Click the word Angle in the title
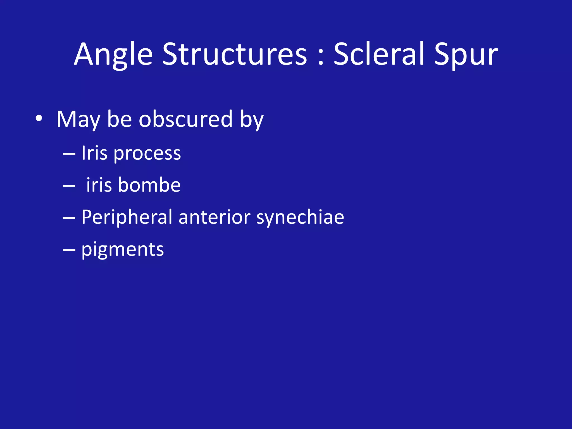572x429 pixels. (x=113, y=54)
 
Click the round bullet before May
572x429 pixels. (x=39, y=118)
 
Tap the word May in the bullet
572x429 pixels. (x=78, y=120)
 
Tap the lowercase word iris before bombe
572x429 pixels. (x=99, y=185)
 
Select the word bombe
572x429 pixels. (x=149, y=185)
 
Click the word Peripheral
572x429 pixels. (x=127, y=217)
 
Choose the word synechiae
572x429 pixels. (x=300, y=218)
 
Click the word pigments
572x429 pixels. (x=122, y=250)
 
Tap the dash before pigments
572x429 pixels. (x=69, y=250)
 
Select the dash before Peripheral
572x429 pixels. (x=69, y=218)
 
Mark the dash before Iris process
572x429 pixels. (x=69, y=153)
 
